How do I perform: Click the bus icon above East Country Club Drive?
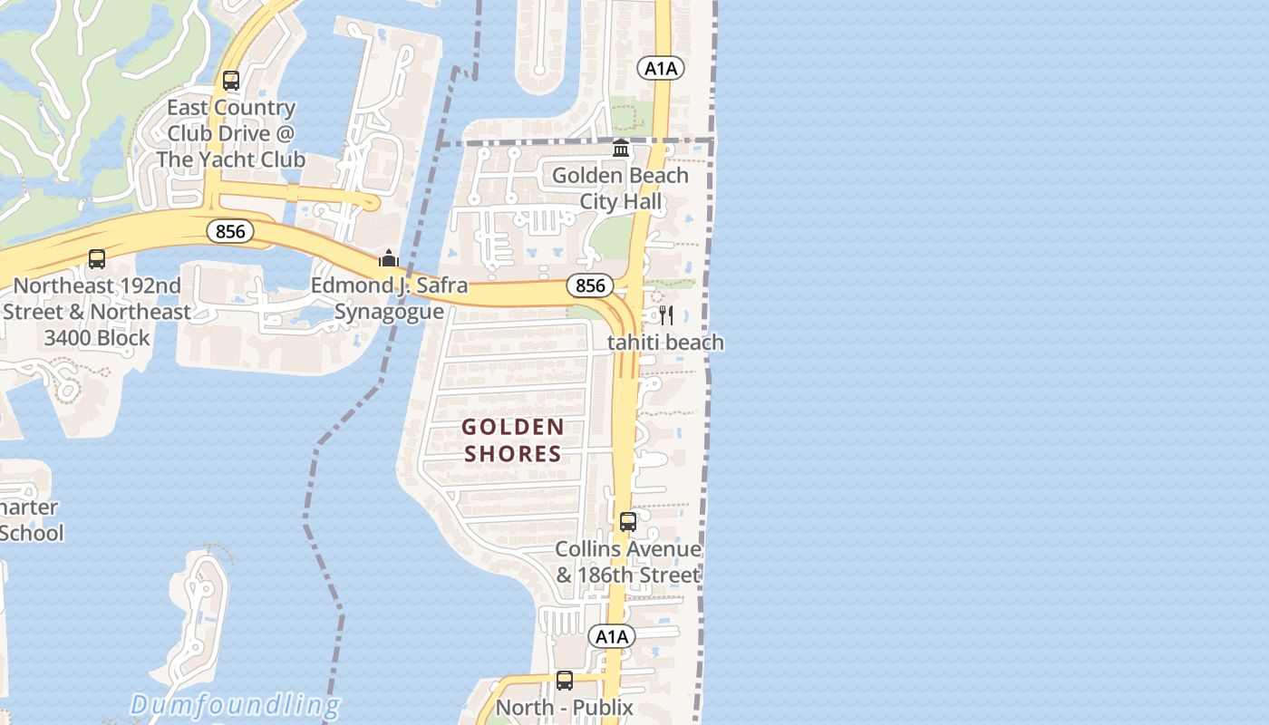pos(231,81)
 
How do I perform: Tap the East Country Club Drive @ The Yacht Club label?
pos(231,133)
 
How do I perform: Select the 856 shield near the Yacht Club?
pos(230,231)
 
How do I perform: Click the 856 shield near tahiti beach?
pos(590,285)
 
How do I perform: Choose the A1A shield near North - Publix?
pos(612,637)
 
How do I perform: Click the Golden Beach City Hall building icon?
pos(621,148)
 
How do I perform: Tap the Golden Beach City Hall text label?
pos(621,188)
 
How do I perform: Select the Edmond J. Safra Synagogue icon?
pos(389,259)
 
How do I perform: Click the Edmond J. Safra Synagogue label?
pos(390,299)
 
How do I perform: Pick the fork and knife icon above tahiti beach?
pos(666,315)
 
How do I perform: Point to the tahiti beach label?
pos(666,343)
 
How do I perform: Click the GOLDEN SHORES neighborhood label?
pos(513,440)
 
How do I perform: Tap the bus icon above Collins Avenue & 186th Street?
pos(628,522)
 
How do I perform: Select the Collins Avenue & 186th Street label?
pos(628,562)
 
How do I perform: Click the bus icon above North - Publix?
pos(565,680)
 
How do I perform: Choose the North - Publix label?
pos(565,708)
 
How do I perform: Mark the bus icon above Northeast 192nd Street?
pos(97,259)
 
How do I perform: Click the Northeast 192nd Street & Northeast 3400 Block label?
pos(97,312)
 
